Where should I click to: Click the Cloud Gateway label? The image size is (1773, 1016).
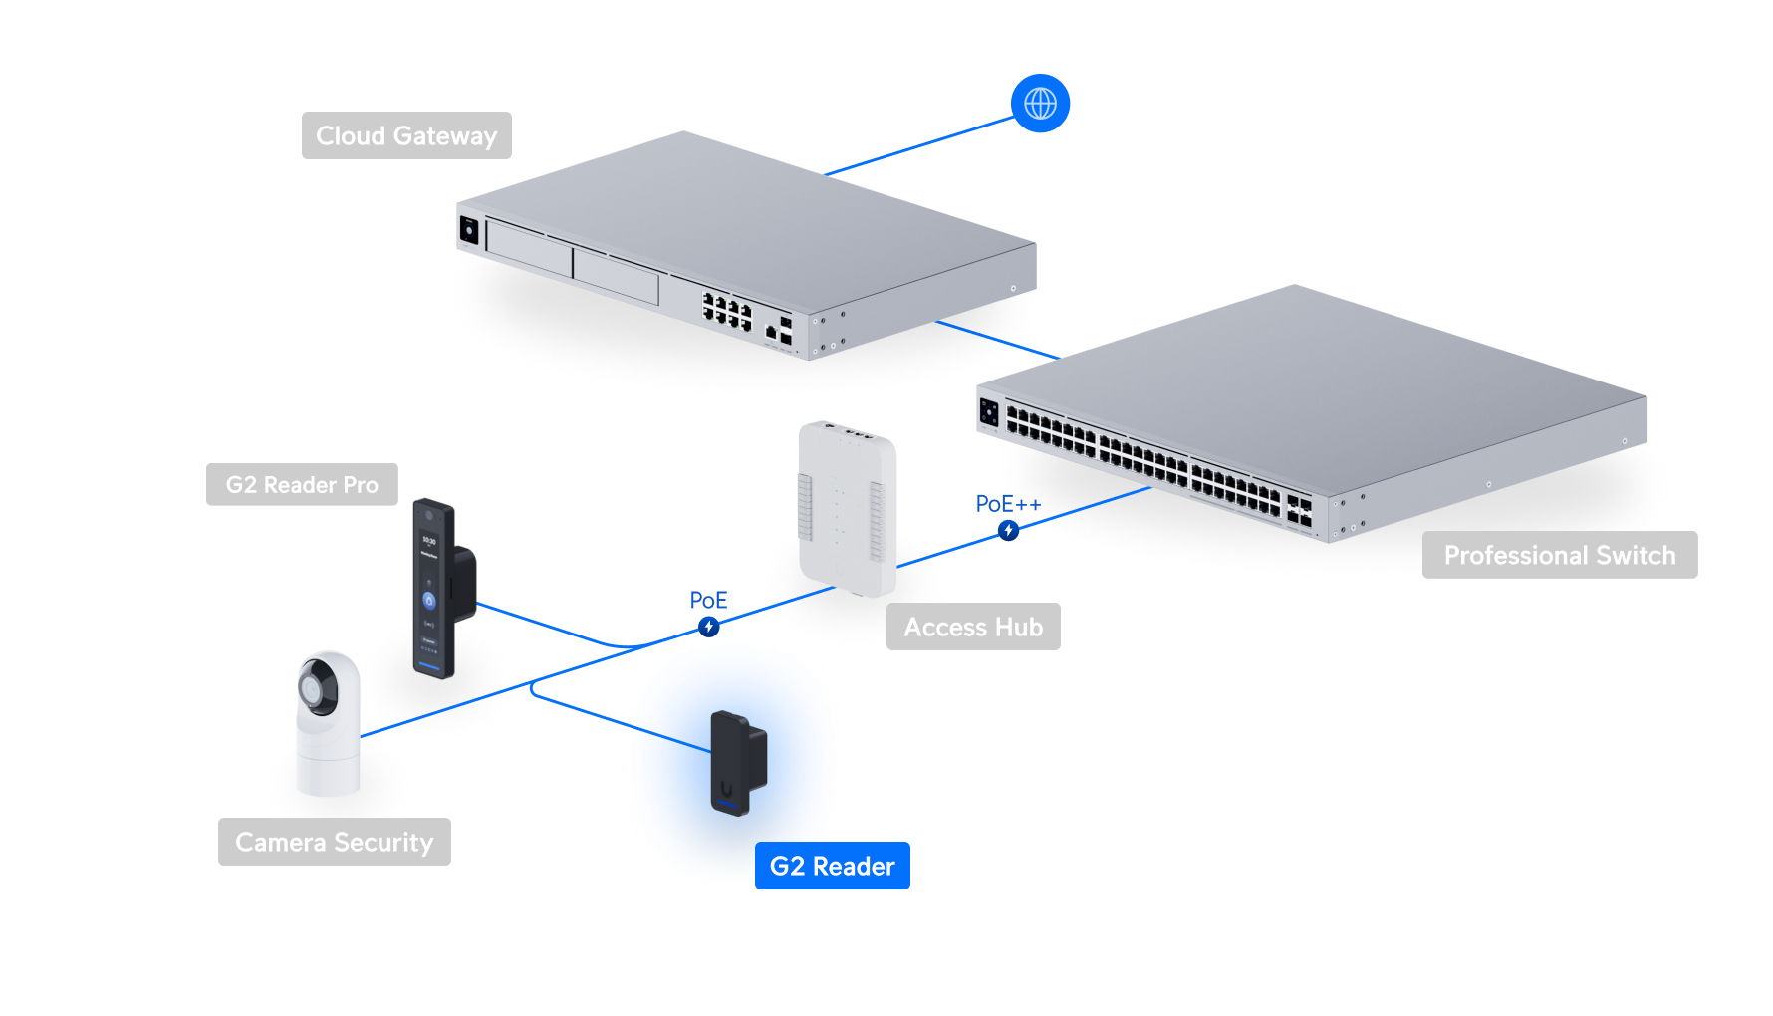tap(406, 135)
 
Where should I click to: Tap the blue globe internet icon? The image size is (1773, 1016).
tap(1040, 103)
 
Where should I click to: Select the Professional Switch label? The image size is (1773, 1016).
tap(1559, 555)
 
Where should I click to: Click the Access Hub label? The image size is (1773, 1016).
tap(973, 627)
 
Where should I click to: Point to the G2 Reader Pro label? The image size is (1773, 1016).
tap(302, 485)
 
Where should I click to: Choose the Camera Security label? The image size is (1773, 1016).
tap(334, 842)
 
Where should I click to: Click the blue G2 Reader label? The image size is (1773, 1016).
tap(832, 866)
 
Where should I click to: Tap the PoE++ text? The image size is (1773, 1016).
tap(1008, 504)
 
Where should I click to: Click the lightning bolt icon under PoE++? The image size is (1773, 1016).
tap(1008, 530)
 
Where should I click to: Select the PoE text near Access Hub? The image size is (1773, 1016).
tap(708, 600)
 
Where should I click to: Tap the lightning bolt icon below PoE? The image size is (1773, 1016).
tap(708, 626)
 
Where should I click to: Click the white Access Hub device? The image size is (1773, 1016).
tap(847, 508)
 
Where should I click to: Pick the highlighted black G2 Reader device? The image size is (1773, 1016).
tap(737, 762)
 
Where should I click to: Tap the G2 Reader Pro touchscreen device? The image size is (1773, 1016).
tap(432, 588)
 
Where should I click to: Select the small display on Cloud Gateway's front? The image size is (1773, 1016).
tap(469, 230)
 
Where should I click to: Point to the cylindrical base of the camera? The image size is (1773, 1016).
tap(328, 762)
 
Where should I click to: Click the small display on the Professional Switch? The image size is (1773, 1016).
tap(989, 411)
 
